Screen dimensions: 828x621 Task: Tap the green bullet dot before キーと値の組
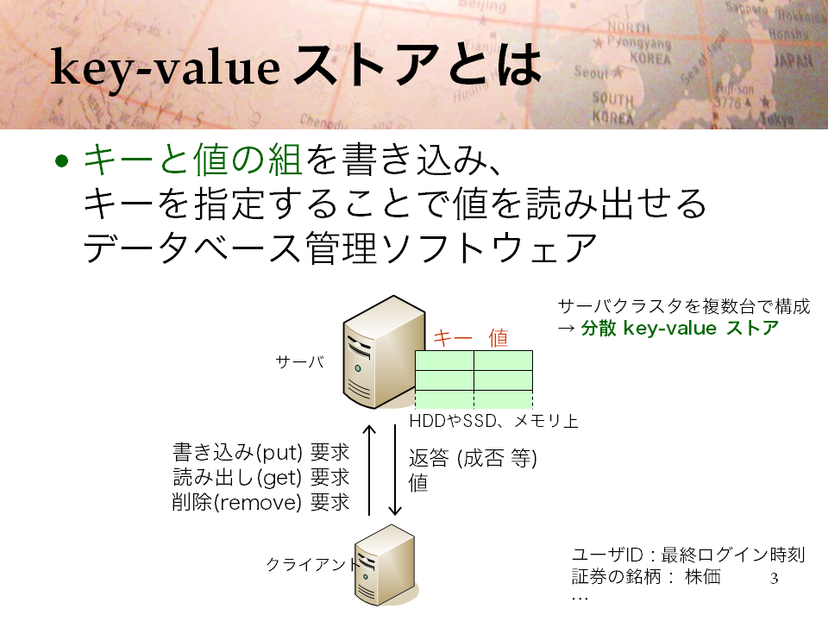point(62,160)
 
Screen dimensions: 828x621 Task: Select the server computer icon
point(384,352)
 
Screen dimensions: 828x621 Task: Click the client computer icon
point(386,565)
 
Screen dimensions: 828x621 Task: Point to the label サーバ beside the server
point(300,361)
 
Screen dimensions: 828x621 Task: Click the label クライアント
point(311,564)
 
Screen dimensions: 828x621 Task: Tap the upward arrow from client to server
point(369,470)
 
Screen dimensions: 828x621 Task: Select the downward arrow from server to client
point(395,470)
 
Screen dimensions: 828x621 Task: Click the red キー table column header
point(453,337)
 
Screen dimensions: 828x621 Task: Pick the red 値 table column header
point(498,337)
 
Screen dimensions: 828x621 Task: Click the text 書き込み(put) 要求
point(260,453)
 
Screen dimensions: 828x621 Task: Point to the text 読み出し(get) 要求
point(260,477)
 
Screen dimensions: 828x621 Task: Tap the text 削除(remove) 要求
point(260,502)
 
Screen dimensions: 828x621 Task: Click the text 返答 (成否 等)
point(473,458)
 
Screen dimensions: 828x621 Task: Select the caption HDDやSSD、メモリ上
point(493,421)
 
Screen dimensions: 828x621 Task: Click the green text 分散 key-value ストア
point(680,328)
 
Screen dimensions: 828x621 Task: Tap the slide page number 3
point(775,578)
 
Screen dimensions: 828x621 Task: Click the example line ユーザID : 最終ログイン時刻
point(688,555)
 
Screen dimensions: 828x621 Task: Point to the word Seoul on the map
point(592,72)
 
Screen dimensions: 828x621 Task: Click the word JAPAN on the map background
point(793,60)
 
